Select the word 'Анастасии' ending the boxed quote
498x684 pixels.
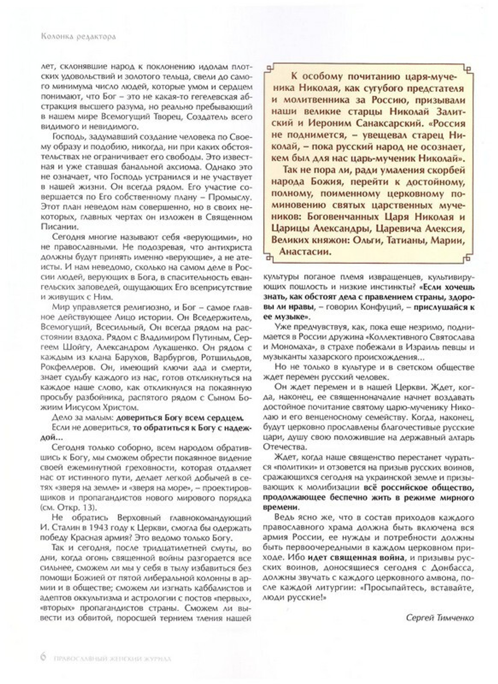pos(305,251)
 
